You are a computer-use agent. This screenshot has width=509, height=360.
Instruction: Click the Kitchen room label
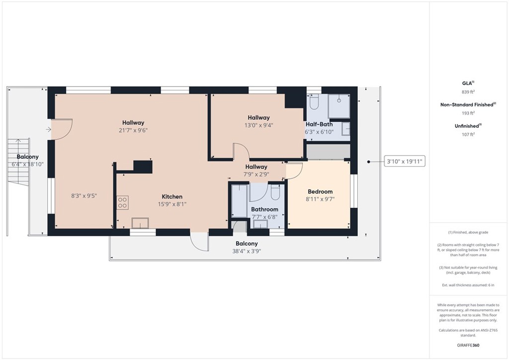[x=172, y=196]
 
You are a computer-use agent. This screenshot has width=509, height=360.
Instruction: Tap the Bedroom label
[x=320, y=191]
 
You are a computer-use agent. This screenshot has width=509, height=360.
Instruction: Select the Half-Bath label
[x=319, y=124]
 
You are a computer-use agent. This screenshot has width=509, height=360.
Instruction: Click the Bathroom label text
[x=264, y=209]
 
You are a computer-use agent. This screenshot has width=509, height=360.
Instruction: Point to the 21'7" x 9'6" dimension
[x=133, y=130]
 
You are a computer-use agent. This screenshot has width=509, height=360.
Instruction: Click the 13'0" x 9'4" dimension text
[x=258, y=125]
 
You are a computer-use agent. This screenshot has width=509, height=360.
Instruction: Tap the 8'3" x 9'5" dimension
[x=84, y=196]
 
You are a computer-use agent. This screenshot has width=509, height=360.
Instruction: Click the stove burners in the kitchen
[x=122, y=202]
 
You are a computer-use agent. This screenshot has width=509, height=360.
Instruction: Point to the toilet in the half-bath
[x=314, y=102]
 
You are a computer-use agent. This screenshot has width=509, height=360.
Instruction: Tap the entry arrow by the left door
[x=48, y=130]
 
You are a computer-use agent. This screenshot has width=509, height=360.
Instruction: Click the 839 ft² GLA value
[x=468, y=92]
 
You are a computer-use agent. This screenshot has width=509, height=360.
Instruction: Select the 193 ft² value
[x=468, y=113]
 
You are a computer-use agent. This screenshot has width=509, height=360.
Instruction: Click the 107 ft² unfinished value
[x=468, y=134]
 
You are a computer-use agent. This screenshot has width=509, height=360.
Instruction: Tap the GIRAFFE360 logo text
[x=468, y=345]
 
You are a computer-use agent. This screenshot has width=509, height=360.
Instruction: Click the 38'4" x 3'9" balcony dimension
[x=247, y=252]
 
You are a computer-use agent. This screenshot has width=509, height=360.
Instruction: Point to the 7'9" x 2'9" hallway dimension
[x=256, y=175]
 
